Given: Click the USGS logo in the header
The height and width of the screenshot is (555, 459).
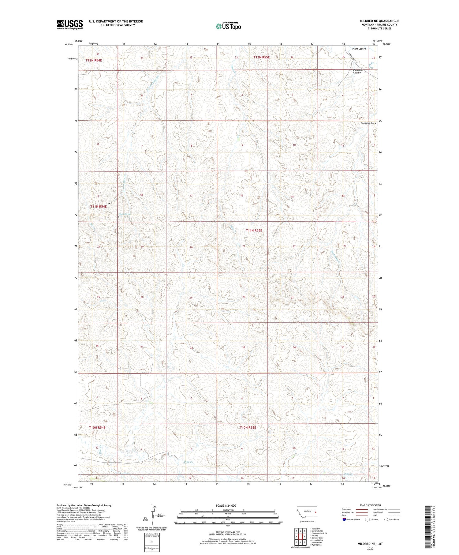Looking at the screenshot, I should point(70,24).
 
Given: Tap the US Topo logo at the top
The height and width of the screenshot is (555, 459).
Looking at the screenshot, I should point(228,26).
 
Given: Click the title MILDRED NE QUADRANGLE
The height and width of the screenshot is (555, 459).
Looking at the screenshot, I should point(379,21).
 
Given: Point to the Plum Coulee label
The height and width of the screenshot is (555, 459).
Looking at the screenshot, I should point(359,49).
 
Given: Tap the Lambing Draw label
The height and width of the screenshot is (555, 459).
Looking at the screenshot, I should point(368,123).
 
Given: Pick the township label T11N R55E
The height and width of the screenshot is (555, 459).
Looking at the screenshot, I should point(254,230).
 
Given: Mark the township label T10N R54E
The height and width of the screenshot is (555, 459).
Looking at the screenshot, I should point(97,427).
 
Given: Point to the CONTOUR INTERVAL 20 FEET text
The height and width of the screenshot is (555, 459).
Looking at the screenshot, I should point(227,532).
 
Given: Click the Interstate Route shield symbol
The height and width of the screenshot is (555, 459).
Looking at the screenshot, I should point(344,519).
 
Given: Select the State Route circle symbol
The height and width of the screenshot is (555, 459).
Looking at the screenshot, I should point(386,519).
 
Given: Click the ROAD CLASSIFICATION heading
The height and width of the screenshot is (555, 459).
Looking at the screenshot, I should point(370,505).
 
